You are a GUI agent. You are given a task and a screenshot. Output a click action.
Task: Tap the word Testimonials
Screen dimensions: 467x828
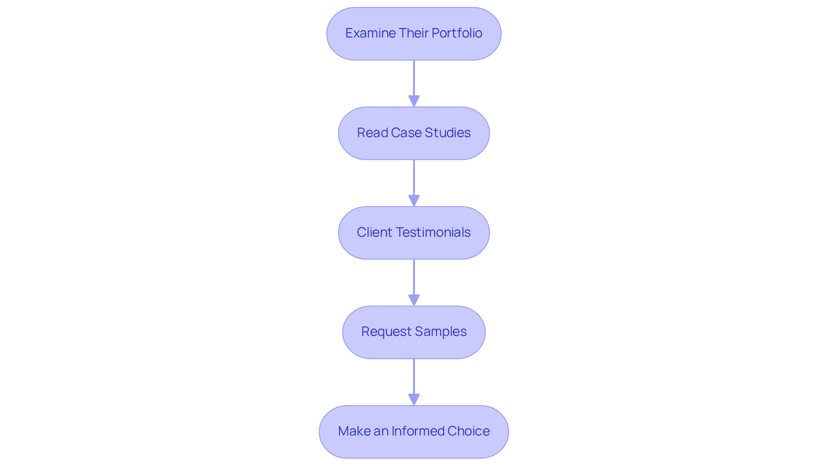(x=433, y=232)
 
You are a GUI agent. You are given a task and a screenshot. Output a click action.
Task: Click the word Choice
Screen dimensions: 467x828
(x=468, y=431)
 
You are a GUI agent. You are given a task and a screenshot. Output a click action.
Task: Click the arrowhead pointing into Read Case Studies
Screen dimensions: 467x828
(x=414, y=101)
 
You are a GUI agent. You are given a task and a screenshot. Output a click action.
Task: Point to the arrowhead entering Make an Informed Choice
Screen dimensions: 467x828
(x=414, y=400)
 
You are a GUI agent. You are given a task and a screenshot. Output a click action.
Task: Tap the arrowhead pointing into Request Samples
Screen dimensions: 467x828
(x=414, y=301)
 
